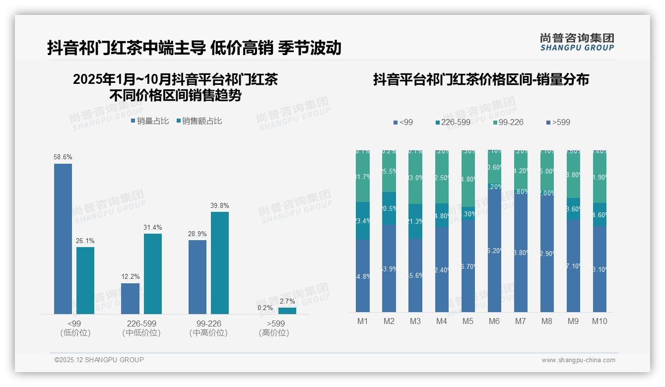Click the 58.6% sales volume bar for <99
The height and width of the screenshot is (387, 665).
(x=63, y=239)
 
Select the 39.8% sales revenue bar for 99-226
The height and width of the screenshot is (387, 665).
(x=220, y=263)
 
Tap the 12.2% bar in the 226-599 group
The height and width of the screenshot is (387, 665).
(x=131, y=299)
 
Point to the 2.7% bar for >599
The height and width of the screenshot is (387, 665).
(x=287, y=311)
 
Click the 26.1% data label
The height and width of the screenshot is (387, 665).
(x=85, y=241)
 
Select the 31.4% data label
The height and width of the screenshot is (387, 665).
(x=153, y=228)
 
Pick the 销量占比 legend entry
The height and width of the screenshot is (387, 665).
(x=150, y=121)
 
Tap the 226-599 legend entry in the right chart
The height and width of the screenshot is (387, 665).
(x=452, y=122)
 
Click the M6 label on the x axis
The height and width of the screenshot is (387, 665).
(x=494, y=322)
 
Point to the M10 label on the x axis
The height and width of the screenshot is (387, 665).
(x=599, y=322)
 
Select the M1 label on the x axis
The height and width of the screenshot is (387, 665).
(x=363, y=322)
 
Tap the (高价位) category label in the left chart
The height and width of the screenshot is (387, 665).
(x=273, y=333)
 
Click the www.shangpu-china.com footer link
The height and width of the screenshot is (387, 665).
(x=578, y=360)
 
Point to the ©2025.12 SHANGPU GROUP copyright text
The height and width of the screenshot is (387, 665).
(x=99, y=360)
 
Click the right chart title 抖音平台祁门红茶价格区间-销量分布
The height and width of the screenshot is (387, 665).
(x=481, y=80)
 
